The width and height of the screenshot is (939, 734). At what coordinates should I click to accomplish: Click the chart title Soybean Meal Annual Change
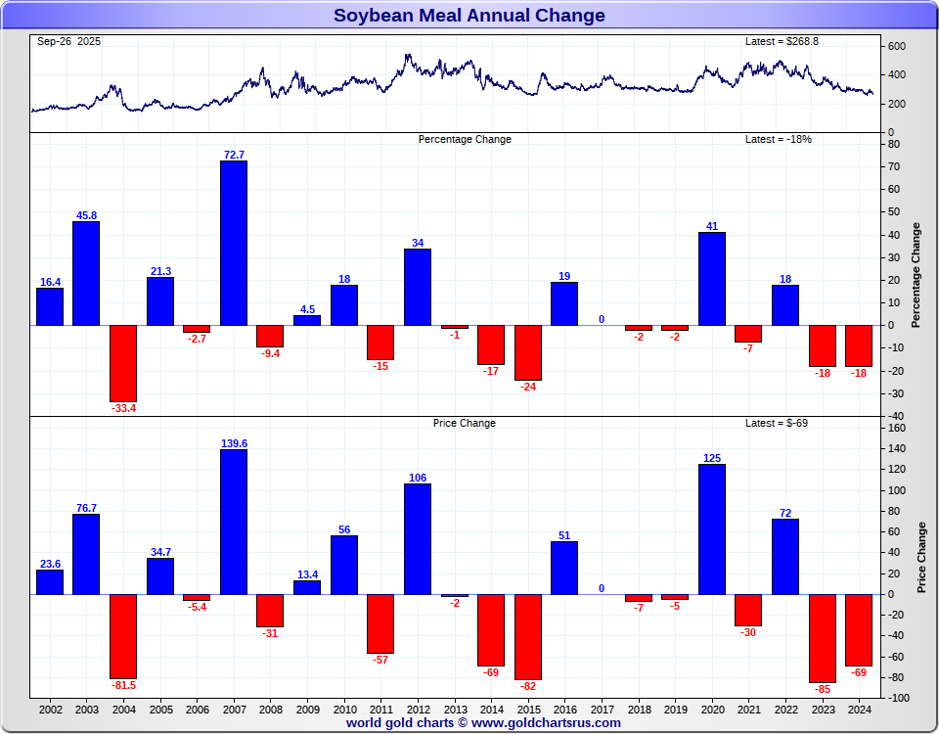pyautogui.click(x=469, y=15)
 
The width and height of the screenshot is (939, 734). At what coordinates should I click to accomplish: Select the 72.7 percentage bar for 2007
pyautogui.click(x=233, y=243)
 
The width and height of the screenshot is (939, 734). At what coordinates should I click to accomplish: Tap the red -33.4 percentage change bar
pyautogui.click(x=123, y=362)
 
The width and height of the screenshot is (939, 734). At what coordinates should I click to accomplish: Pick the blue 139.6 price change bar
pyautogui.click(x=233, y=522)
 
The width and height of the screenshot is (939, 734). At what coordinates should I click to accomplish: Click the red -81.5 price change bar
pyautogui.click(x=123, y=636)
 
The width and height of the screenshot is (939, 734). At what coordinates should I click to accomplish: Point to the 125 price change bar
pyautogui.click(x=712, y=528)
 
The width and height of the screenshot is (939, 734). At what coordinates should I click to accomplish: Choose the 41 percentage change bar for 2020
pyautogui.click(x=712, y=278)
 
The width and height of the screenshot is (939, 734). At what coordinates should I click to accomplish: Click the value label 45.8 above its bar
pyautogui.click(x=86, y=215)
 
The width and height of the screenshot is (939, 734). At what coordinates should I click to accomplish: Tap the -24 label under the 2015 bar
pyautogui.click(x=528, y=387)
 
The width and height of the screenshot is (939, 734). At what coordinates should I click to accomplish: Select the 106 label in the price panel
pyautogui.click(x=418, y=478)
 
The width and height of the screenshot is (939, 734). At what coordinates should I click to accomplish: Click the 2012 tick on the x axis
pyautogui.click(x=418, y=708)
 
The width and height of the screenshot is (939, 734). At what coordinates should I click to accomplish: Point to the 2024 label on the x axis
pyautogui.click(x=859, y=708)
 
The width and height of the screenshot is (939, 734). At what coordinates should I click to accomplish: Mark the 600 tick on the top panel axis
pyautogui.click(x=896, y=46)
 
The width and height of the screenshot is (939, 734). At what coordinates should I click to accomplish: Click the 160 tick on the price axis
pyautogui.click(x=897, y=428)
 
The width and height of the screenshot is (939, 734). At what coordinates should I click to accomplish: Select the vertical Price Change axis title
pyautogui.click(x=921, y=557)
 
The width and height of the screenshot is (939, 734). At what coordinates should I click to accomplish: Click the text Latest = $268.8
pyautogui.click(x=782, y=41)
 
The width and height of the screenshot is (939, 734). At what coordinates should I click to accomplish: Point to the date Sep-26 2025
pyautogui.click(x=68, y=41)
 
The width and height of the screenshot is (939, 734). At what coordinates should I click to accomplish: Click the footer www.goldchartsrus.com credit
pyautogui.click(x=483, y=723)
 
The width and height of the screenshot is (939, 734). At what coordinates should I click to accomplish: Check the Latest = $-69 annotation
pyautogui.click(x=777, y=423)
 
